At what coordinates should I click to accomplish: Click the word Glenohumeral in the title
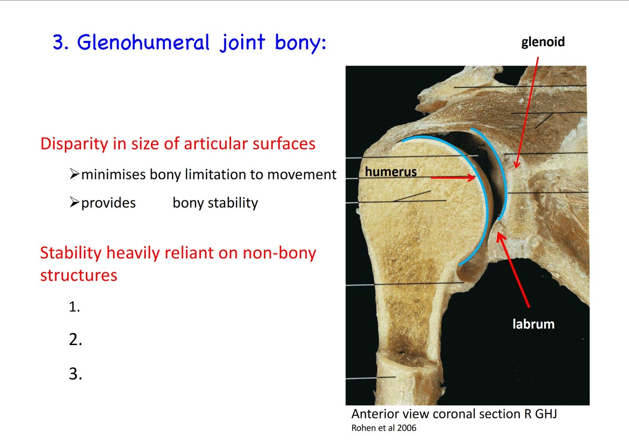tap(143, 42)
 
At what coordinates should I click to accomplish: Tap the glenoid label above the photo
tap(543, 42)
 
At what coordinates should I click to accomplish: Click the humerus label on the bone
tap(391, 172)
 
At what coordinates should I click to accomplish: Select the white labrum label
tap(533, 324)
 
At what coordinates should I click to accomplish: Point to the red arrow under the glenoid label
tap(527, 113)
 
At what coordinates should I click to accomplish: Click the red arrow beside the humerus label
tap(453, 178)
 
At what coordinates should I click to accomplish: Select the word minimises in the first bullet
tap(114, 175)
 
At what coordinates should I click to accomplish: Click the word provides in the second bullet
tap(108, 203)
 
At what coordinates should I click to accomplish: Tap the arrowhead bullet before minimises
tap(74, 174)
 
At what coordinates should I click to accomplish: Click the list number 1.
tap(74, 307)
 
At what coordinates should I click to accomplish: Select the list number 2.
tap(75, 340)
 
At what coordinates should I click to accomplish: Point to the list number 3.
tap(75, 374)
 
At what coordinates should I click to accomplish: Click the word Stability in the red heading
tap(71, 253)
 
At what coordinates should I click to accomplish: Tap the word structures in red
tap(79, 275)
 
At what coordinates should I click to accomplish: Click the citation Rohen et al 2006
tap(384, 428)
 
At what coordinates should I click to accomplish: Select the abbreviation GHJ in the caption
tap(546, 414)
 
